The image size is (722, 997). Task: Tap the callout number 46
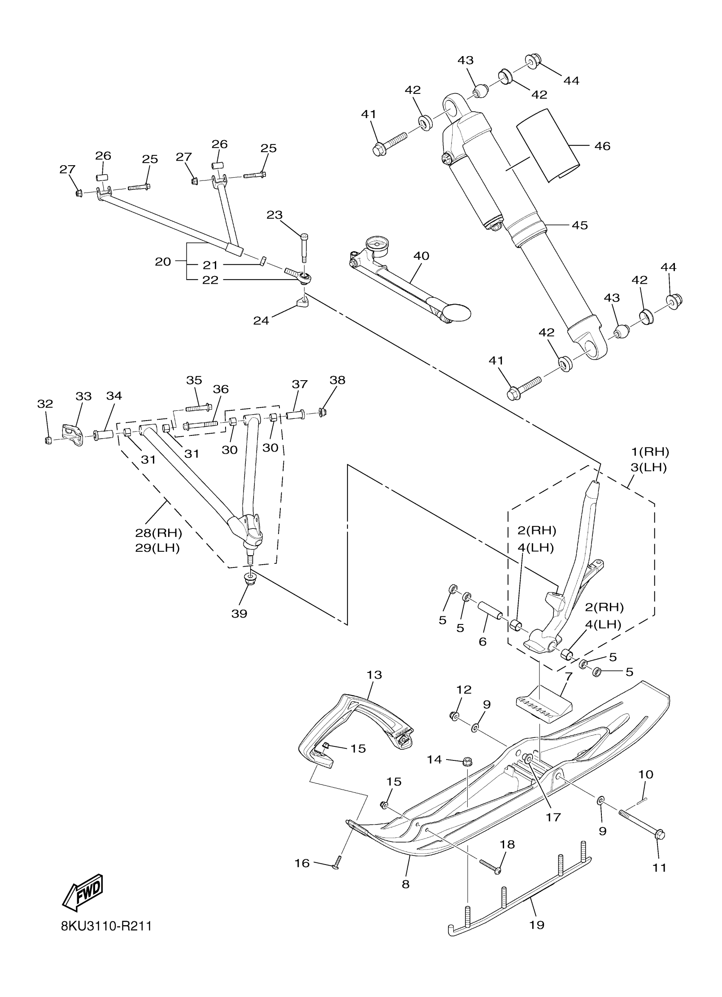602,146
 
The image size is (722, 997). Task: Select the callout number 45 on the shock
580,225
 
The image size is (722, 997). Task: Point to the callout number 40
421,256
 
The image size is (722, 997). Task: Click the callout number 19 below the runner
536,925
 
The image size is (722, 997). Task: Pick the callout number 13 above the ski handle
375,675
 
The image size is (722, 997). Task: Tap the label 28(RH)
158,533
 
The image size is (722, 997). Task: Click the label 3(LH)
649,468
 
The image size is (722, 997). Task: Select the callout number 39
240,614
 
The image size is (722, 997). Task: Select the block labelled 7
543,709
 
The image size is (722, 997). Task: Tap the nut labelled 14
467,761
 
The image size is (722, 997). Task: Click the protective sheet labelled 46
547,145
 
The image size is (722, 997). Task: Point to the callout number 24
261,320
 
